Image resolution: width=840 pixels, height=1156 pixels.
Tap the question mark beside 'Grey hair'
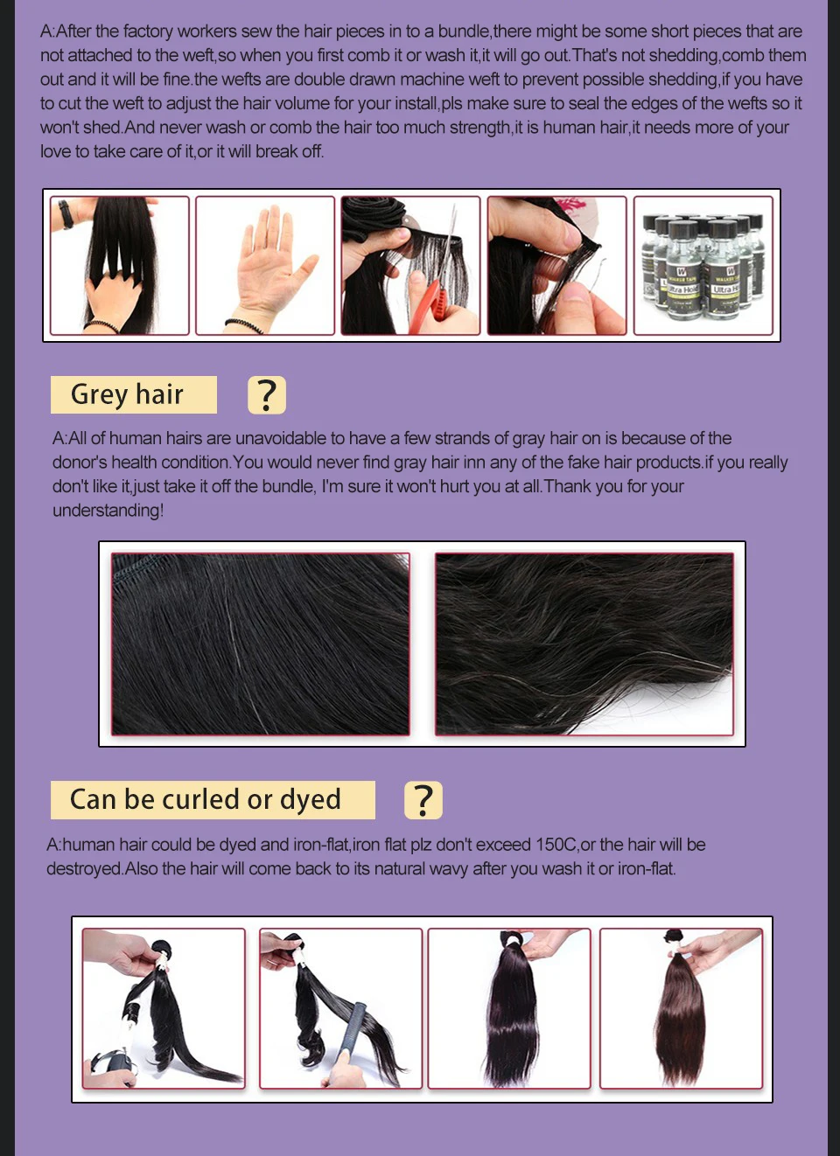tap(267, 395)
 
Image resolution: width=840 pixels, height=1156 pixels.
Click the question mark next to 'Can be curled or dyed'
tap(423, 800)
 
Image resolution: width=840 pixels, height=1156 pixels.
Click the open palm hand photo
tap(265, 265)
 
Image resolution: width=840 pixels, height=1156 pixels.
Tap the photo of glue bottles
tap(703, 265)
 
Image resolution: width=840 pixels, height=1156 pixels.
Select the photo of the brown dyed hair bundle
tap(681, 1007)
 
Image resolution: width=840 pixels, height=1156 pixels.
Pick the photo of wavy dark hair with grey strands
tap(584, 644)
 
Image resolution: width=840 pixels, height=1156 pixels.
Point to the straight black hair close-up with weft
tap(260, 644)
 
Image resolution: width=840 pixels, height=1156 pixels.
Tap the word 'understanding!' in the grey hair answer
tap(108, 510)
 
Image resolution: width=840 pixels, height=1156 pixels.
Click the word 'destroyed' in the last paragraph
tap(84, 869)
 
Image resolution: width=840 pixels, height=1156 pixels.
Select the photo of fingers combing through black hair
tap(120, 265)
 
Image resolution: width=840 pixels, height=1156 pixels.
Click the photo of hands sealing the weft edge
tap(556, 265)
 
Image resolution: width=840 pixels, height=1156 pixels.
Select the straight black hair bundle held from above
tap(509, 1007)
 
